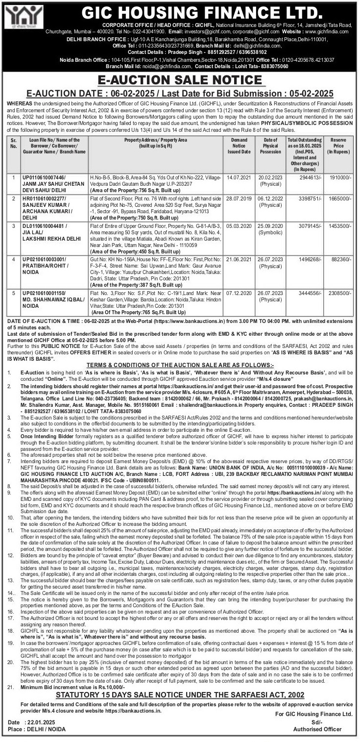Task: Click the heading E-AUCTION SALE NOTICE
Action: pos(180,80)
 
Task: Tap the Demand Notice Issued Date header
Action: pos(239,146)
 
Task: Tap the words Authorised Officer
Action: pos(317,729)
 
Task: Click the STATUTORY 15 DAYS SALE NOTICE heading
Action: pos(180,695)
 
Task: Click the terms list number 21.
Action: pos(11,688)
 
